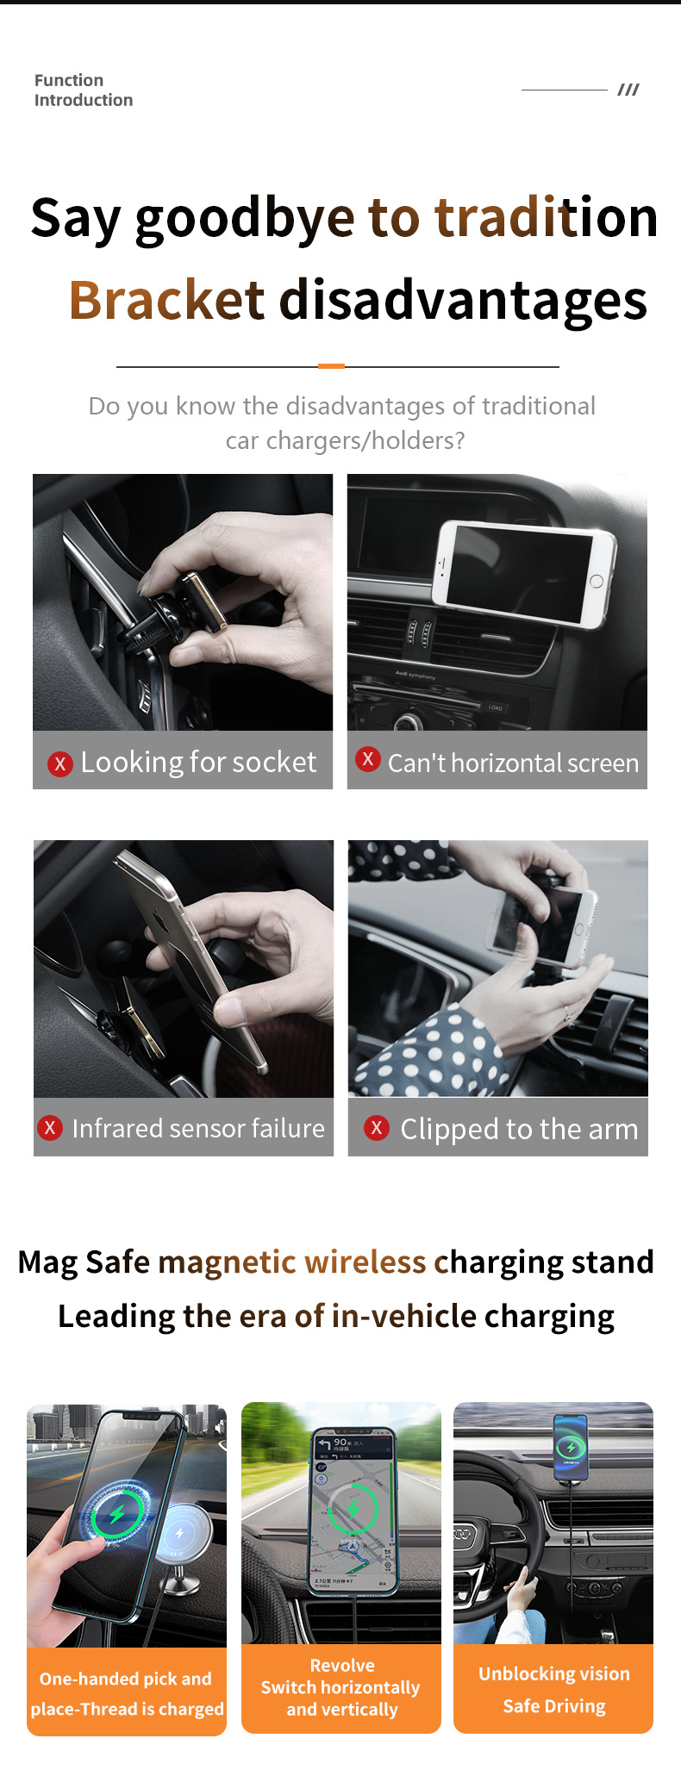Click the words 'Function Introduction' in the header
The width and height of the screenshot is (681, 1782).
point(84,90)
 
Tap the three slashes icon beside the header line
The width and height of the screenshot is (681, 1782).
point(628,90)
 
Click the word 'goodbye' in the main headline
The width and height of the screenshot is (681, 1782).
point(245,219)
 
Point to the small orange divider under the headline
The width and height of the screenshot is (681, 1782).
point(332,366)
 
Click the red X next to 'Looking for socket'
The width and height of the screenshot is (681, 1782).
point(60,763)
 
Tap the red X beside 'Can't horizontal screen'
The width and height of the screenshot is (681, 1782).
point(368,759)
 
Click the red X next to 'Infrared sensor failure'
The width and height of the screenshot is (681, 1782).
point(50,1127)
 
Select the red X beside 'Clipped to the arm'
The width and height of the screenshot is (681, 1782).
point(377,1127)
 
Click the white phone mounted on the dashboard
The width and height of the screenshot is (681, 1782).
point(524,575)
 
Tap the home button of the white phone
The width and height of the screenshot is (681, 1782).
point(597,582)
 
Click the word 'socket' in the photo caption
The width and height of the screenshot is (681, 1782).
point(275,763)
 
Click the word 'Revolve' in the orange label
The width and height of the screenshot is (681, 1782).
point(342,1666)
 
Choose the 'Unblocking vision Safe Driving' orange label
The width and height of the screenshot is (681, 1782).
point(553,1689)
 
